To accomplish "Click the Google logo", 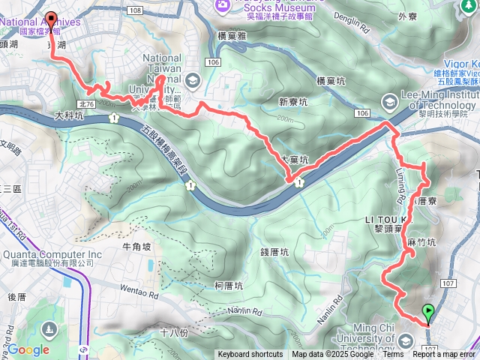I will [x=28, y=349].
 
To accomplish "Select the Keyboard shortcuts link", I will [x=250, y=355].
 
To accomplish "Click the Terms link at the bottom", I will [x=393, y=355].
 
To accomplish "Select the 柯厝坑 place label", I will [x=228, y=286].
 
